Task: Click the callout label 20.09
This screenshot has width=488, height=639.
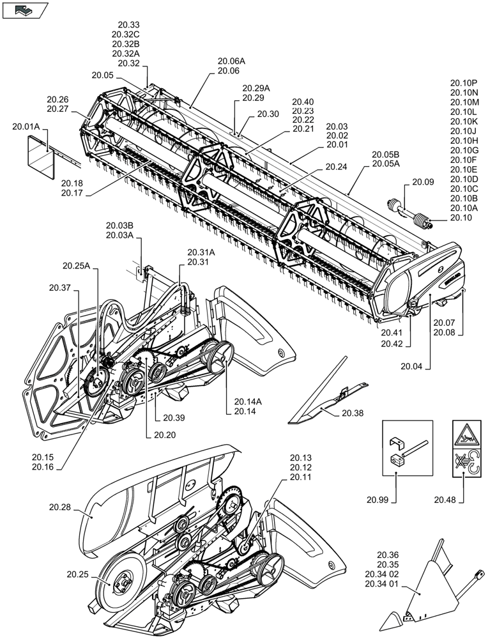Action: (x=423, y=182)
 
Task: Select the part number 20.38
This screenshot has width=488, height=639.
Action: (x=352, y=413)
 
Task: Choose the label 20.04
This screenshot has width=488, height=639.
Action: (x=412, y=366)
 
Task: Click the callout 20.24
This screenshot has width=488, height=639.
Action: (x=336, y=167)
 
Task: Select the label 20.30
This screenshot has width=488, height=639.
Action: (x=268, y=114)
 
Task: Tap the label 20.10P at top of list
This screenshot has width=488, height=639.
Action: (x=464, y=82)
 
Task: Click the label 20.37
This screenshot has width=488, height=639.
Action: (x=58, y=288)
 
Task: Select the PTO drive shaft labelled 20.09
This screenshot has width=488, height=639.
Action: (x=409, y=212)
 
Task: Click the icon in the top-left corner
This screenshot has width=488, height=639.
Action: (x=24, y=10)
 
